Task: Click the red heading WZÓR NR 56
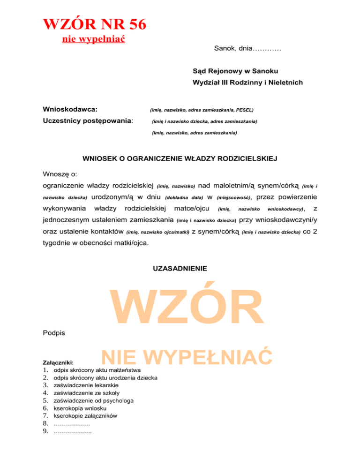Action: tap(94, 24)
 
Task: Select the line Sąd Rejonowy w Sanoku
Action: tap(235, 71)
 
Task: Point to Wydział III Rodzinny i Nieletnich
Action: tap(247, 83)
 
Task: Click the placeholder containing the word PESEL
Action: tap(202, 110)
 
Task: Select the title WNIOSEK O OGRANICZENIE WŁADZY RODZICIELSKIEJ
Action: tap(180, 159)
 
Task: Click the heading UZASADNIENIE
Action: tap(180, 269)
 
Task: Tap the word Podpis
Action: tap(53, 333)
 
